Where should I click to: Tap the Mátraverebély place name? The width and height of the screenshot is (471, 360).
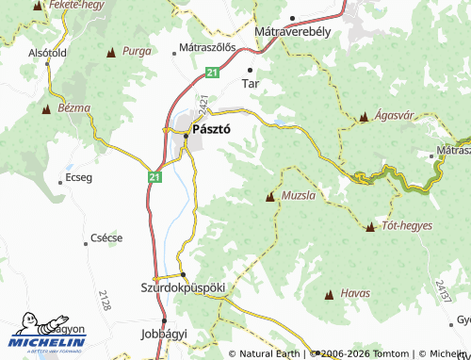291,31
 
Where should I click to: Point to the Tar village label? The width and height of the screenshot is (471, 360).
251,83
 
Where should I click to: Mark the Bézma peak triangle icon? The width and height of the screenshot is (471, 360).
44,109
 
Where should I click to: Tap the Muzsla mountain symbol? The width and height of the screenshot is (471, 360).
271,197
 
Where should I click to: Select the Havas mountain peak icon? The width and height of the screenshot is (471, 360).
329,295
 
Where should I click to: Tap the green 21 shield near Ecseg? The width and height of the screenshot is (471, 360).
153,175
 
